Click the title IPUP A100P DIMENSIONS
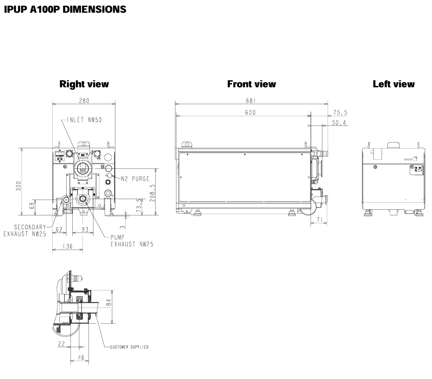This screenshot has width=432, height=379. point(64,9)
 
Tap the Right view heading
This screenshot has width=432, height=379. point(84,84)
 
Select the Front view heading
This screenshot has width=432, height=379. point(251,84)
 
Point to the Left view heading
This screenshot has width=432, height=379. point(393,84)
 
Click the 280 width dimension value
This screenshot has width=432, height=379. point(84,100)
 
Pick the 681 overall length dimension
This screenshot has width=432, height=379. point(251,100)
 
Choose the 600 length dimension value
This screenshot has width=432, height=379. point(250,112)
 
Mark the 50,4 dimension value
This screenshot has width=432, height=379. point(339,123)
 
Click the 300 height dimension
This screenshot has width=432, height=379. point(18,186)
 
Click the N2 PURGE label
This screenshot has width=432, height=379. point(136,179)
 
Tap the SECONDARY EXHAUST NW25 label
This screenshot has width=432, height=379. point(29,230)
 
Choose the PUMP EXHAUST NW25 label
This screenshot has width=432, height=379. point(132,241)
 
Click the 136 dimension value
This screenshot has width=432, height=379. point(67,247)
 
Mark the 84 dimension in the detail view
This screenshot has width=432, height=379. point(109,303)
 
